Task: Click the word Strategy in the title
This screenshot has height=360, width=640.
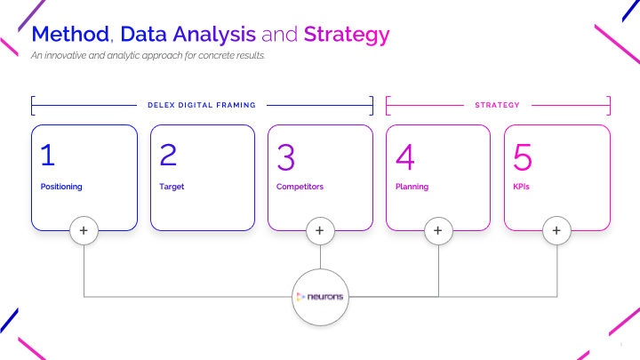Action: point(346,35)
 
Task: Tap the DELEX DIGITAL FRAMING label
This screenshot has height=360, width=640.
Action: point(202,105)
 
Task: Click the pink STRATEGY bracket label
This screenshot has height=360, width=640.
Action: point(497,105)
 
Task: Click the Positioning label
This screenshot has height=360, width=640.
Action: point(61,187)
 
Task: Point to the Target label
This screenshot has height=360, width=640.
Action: point(172,187)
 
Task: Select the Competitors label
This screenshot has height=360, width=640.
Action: point(300,187)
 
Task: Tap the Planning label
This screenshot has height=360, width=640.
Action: point(412,187)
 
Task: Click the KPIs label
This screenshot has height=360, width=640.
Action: point(522,187)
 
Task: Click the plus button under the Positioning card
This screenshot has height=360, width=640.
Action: point(84,230)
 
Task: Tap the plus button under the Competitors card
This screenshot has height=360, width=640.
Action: point(320,230)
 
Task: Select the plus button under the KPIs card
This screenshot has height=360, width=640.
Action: point(556,230)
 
